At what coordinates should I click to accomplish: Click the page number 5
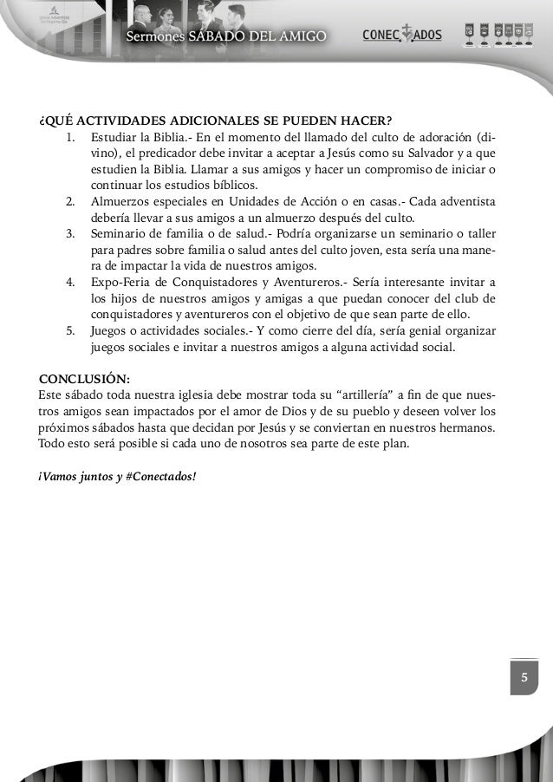(524, 676)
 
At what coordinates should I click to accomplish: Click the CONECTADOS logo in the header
(401, 35)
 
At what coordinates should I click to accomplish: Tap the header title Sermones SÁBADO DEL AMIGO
(226, 36)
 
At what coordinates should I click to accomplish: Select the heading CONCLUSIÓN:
(85, 379)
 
